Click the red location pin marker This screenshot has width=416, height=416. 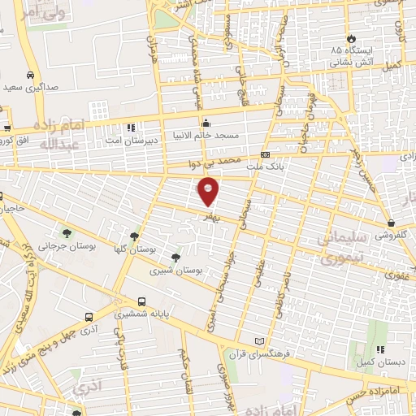209,191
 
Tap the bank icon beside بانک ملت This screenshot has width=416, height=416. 265,154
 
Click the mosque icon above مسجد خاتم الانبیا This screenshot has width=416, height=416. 205,123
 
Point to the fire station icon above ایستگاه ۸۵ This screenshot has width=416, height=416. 350,38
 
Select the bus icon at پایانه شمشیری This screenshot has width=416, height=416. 142,301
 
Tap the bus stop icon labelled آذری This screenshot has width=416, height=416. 88,318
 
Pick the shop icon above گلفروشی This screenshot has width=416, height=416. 392,223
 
